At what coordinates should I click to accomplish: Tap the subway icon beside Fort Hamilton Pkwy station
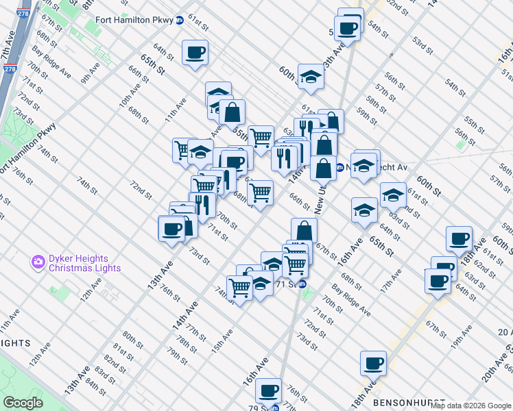tap(180, 19)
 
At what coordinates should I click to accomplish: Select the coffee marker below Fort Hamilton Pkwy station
tap(195, 53)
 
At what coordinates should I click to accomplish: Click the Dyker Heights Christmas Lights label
tap(78, 263)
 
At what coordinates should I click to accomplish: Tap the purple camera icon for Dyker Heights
tap(38, 261)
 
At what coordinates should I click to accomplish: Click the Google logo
tap(23, 403)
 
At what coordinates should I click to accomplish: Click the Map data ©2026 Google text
tap(470, 406)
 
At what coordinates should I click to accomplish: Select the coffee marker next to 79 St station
tap(269, 391)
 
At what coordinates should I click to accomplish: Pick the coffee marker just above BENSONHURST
tap(374, 364)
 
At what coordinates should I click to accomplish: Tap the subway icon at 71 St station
tap(302, 284)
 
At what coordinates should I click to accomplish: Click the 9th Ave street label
tap(91, 73)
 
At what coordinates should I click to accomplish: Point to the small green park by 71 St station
tap(308, 295)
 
